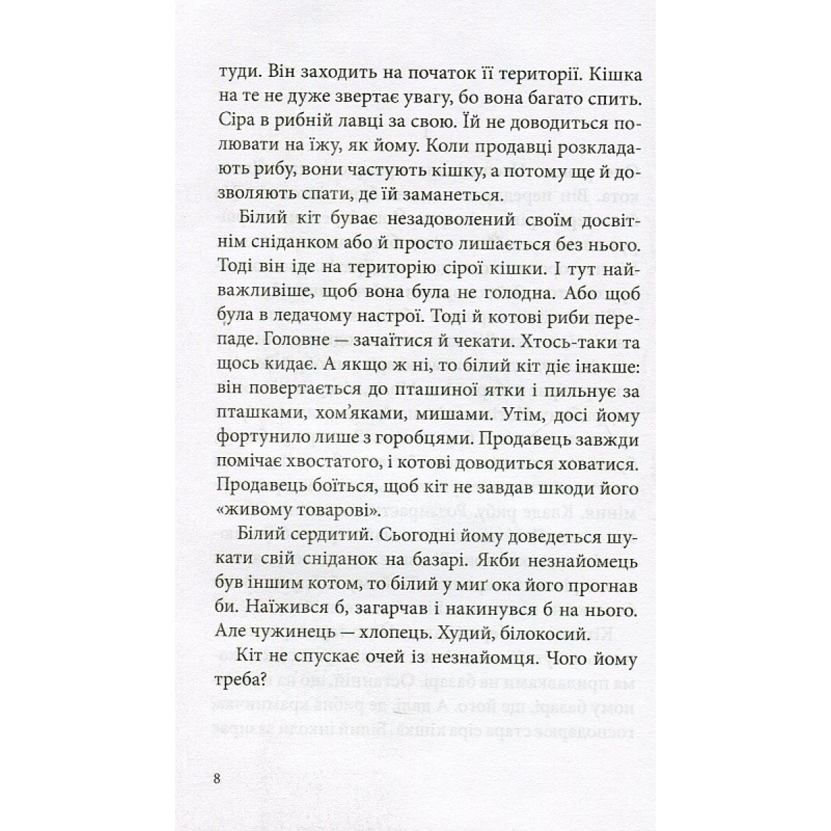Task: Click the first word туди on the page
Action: coord(237,73)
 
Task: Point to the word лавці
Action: coord(359,125)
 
